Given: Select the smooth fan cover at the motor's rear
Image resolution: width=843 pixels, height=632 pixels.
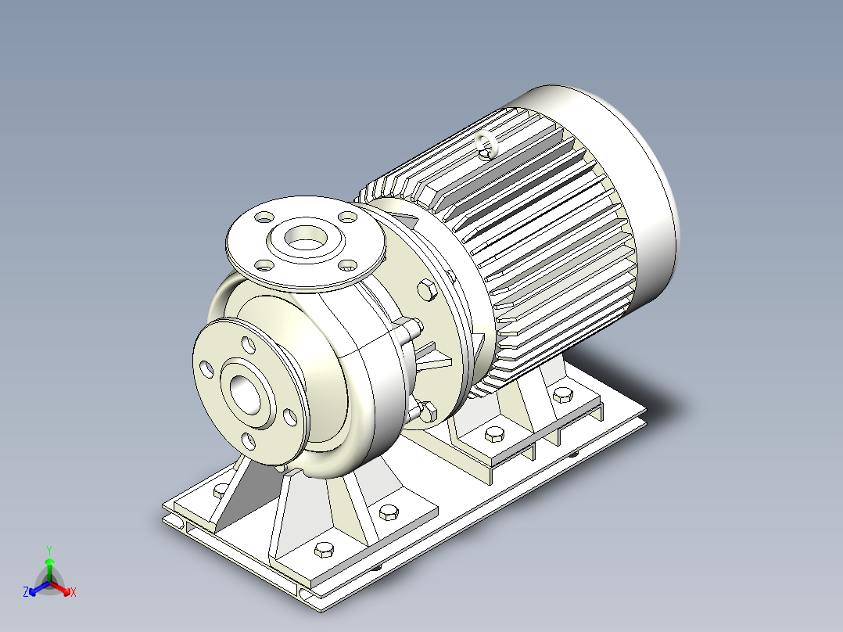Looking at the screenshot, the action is click(x=619, y=178).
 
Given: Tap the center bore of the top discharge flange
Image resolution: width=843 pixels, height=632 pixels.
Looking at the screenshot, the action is click(x=305, y=237).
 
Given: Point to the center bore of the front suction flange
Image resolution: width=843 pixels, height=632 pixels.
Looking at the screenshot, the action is click(x=246, y=394).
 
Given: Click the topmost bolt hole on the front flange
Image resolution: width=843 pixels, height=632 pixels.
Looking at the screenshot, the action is click(x=249, y=344).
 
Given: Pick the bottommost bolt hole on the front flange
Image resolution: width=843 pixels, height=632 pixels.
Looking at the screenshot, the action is click(x=249, y=441).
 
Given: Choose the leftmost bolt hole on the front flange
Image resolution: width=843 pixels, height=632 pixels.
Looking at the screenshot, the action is click(x=206, y=369).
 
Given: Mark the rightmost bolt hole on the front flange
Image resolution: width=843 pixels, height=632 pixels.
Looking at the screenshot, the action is click(x=290, y=418).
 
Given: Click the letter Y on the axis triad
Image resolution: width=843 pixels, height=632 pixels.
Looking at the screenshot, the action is click(x=49, y=550).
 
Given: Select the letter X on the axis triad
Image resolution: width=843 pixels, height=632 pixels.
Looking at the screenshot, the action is click(x=74, y=592).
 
